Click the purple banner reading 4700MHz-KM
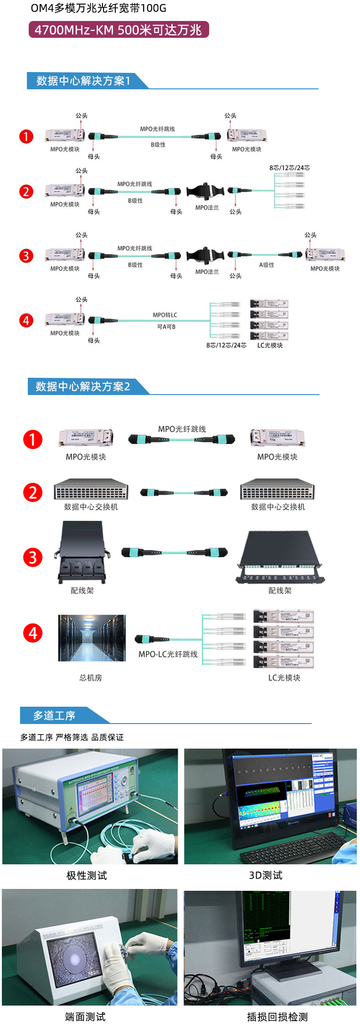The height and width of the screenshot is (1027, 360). coord(118,30)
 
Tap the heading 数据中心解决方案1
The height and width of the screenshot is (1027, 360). coord(83,81)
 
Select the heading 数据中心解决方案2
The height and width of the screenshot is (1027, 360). coord(83,386)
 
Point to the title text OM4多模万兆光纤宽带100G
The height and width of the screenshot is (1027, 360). coord(98,8)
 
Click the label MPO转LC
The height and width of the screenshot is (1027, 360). coord(165,315)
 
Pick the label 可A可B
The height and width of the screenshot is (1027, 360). coord(166,327)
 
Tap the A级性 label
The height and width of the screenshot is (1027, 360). coord(267,265)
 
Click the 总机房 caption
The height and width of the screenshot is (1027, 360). coord(91,678)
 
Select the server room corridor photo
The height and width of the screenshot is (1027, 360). coord(92,638)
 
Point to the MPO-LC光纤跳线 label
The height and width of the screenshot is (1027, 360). coord(168,654)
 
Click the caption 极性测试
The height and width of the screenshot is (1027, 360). coord(87,875)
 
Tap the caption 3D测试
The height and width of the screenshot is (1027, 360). coord(266,875)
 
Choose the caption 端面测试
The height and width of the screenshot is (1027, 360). coord(85,1017)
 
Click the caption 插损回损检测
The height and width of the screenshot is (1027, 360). coord(277,1017)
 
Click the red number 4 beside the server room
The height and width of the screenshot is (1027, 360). coord(33,633)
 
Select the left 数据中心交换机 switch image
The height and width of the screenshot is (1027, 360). coord(91,489)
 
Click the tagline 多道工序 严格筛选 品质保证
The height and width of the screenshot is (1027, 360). coord(72,737)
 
